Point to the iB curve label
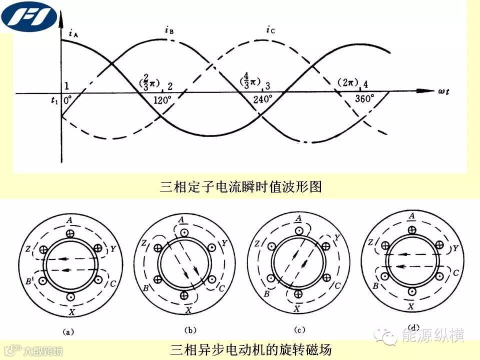169,30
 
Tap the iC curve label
270,31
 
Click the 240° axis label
262,99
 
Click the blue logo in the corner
29,15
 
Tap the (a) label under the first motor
68,330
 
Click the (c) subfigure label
299,330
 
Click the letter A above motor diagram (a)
69,219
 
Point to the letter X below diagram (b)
188,310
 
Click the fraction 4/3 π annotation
247,80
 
